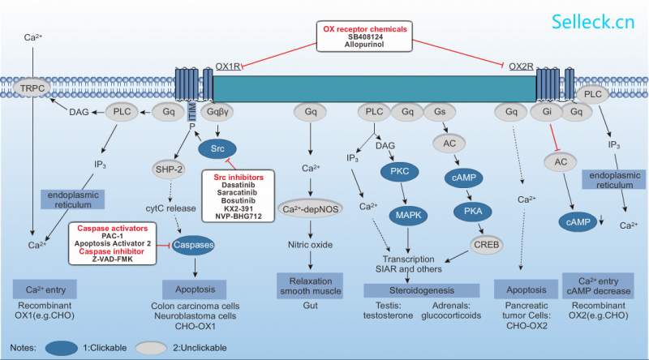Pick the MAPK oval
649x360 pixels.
click(413, 215)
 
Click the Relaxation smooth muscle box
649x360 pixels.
click(309, 282)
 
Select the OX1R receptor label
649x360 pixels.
click(227, 66)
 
